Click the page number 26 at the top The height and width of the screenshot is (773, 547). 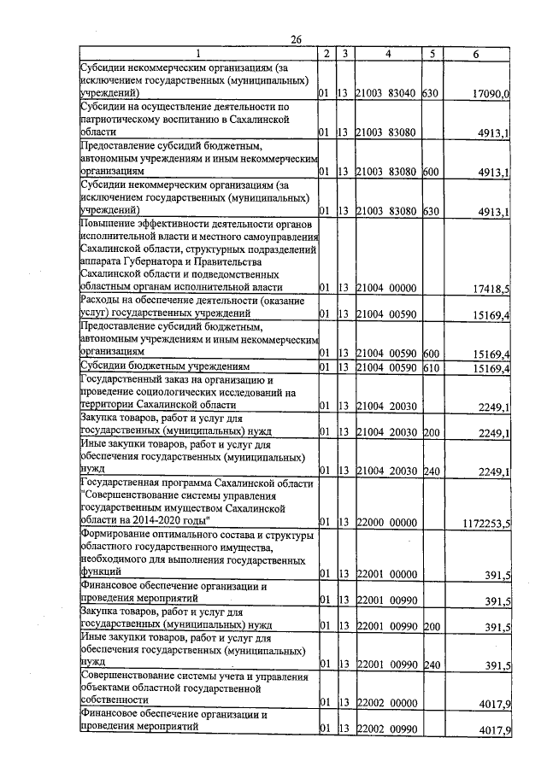pyautogui.click(x=297, y=39)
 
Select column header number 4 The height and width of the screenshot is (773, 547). pyautogui.click(x=389, y=54)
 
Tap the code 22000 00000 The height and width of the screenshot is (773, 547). pyautogui.click(x=386, y=522)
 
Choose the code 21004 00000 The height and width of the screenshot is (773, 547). pyautogui.click(x=386, y=290)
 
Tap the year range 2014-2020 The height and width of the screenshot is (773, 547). pyautogui.click(x=160, y=520)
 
